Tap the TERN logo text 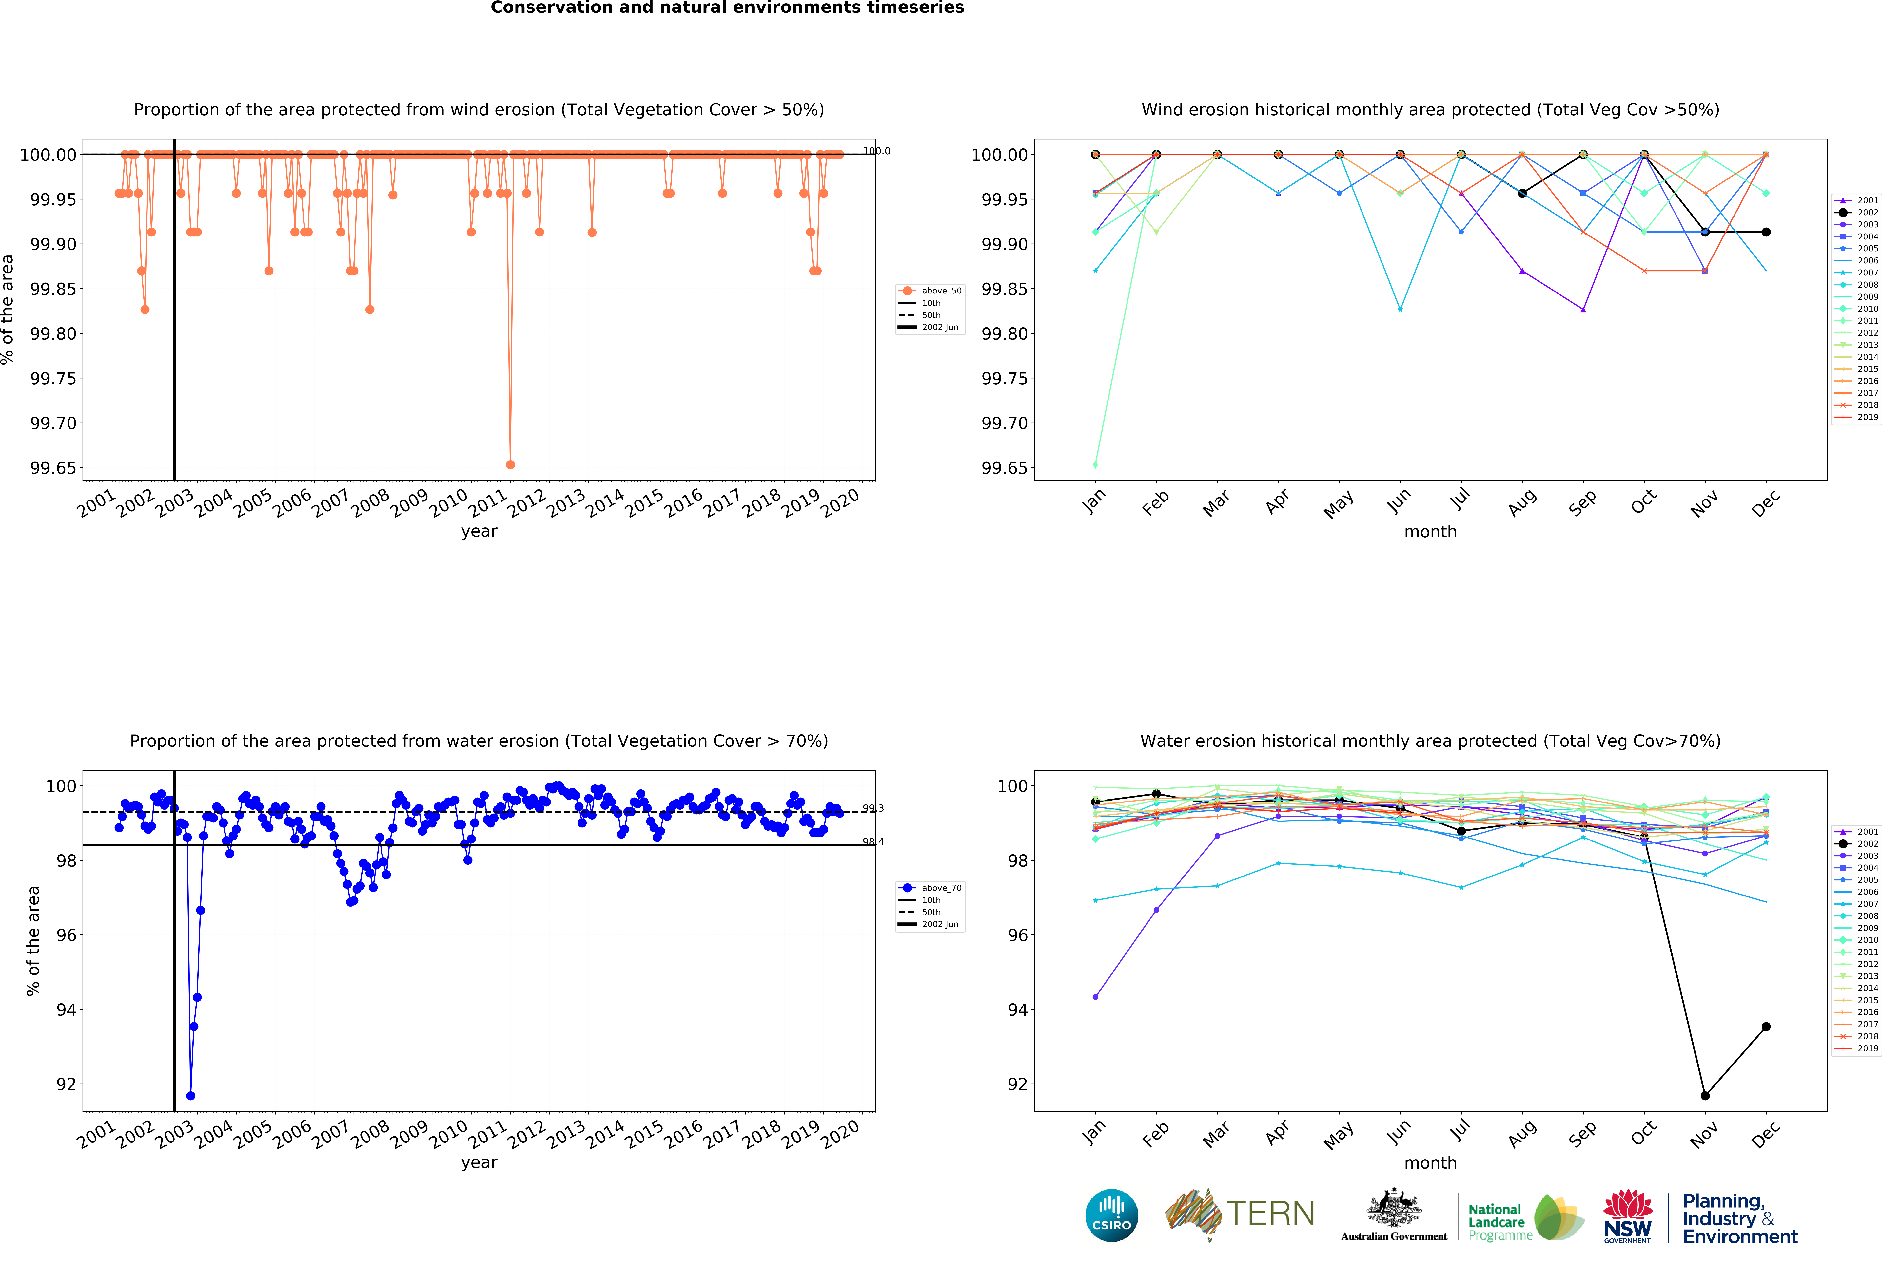(1270, 1213)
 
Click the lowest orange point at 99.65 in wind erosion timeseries (510, 464)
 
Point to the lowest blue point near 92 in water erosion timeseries (190, 1096)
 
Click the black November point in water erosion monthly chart (1705, 1096)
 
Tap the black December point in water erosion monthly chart (1766, 1026)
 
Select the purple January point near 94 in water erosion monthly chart (1095, 997)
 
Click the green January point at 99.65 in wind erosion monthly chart (1095, 464)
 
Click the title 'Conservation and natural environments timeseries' (727, 8)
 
